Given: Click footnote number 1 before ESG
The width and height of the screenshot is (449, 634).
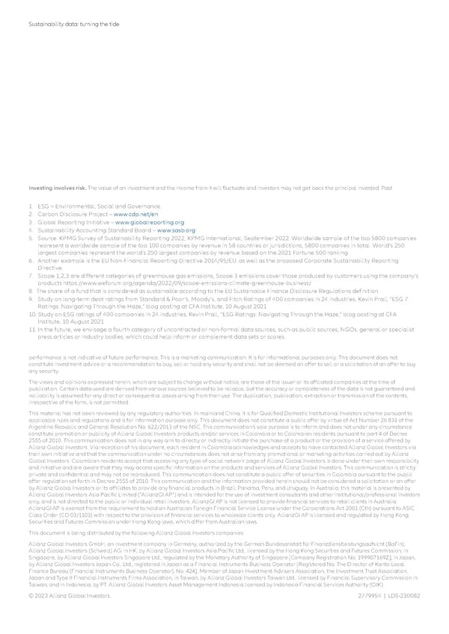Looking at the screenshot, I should click(x=29, y=185).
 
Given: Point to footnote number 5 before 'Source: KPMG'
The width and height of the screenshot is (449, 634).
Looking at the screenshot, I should click(x=29, y=218).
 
